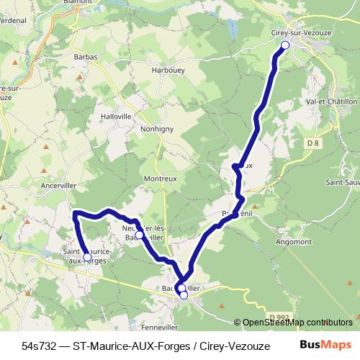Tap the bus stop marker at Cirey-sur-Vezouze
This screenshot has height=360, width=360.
click(284, 45)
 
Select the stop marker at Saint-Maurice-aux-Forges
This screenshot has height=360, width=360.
click(87, 257)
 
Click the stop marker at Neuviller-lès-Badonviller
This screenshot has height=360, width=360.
click(139, 235)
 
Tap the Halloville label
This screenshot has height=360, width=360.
click(117, 116)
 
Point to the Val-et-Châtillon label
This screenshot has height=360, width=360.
click(332, 102)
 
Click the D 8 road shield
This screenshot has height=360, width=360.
click(312, 143)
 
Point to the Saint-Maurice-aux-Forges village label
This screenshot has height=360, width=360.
click(87, 255)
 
